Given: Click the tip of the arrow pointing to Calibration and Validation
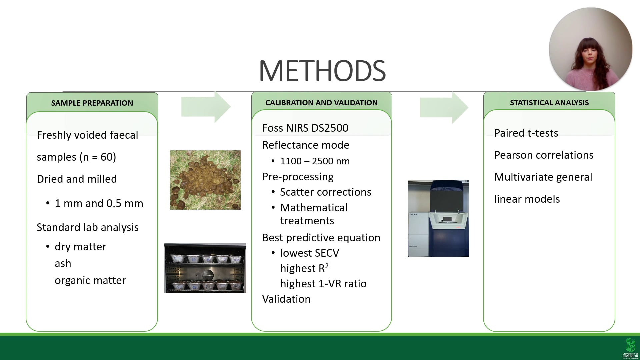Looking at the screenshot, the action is (231, 107).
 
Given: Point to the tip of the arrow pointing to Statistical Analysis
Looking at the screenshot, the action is (468, 107).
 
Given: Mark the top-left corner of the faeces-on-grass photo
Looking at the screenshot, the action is (170, 150).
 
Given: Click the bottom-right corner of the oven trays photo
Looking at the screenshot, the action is (246, 293).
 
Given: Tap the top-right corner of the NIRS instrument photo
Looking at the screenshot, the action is (469, 180).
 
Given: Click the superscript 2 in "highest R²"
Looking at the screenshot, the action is (327, 266).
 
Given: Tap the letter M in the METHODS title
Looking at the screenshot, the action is (271, 71).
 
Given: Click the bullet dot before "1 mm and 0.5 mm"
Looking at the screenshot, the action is (48, 203).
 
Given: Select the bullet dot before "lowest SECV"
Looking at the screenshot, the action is (273, 253).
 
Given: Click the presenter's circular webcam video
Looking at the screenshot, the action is (591, 49).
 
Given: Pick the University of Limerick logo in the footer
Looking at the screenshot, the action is (630, 348).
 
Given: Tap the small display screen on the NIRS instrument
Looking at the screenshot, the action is (447, 219).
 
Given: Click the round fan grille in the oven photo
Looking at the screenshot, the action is (208, 275).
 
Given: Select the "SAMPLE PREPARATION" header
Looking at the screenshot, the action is (92, 103).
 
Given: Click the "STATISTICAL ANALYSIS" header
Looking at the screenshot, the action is (549, 103).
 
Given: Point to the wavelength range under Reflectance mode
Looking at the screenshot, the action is (315, 161).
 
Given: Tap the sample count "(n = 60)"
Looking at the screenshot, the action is (98, 157).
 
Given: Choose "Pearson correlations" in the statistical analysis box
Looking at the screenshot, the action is (544, 155).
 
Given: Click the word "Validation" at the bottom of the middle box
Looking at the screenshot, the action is (286, 299).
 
